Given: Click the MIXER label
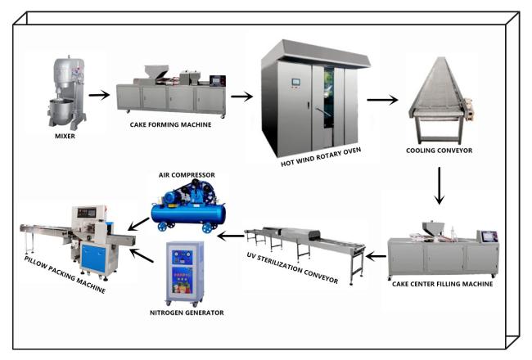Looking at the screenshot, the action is coord(65,136).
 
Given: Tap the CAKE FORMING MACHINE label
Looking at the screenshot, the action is coord(170,125).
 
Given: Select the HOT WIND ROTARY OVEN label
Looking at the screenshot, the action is coord(321,157).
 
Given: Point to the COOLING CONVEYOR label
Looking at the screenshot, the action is coord(439,151).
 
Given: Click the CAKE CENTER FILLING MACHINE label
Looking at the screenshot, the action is coord(443,284).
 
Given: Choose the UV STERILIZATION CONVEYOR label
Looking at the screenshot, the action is coord(292,268).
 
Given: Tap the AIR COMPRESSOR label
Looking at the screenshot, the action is coord(187,175).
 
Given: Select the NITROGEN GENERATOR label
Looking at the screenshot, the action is coord(187,313).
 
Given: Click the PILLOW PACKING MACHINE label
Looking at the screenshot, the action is coord(65,274).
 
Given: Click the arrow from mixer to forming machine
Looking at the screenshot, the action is coord(99,95).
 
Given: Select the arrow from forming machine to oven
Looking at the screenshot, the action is coord(242,97).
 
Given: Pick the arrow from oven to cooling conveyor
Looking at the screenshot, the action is coord(382,100).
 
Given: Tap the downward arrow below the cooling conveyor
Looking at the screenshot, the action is coord(440,186).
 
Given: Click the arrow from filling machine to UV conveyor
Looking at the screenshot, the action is coord(376,257).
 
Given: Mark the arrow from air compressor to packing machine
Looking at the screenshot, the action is coord(138,225).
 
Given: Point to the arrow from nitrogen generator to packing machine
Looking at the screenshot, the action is coord(142,255).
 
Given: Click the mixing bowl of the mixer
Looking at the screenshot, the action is coord(61,108).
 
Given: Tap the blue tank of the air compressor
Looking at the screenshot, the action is coord(188,214).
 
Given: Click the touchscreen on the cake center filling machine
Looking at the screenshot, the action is coord(489,236).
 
